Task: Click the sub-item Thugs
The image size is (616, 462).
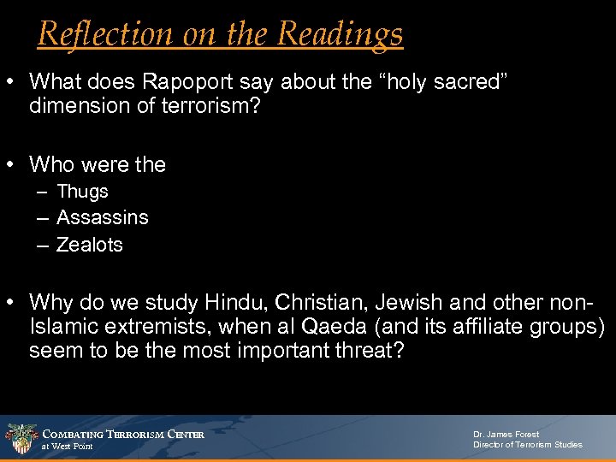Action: pyautogui.click(x=82, y=192)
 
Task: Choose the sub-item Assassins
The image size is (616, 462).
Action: pyautogui.click(x=102, y=217)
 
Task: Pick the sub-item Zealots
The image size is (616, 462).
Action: pyautogui.click(x=89, y=245)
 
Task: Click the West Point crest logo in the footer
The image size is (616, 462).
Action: pyautogui.click(x=20, y=437)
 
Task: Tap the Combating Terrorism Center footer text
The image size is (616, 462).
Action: pyautogui.click(x=123, y=435)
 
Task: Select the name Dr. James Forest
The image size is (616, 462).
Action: pyautogui.click(x=506, y=435)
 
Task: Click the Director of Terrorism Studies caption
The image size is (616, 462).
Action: pyautogui.click(x=527, y=445)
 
